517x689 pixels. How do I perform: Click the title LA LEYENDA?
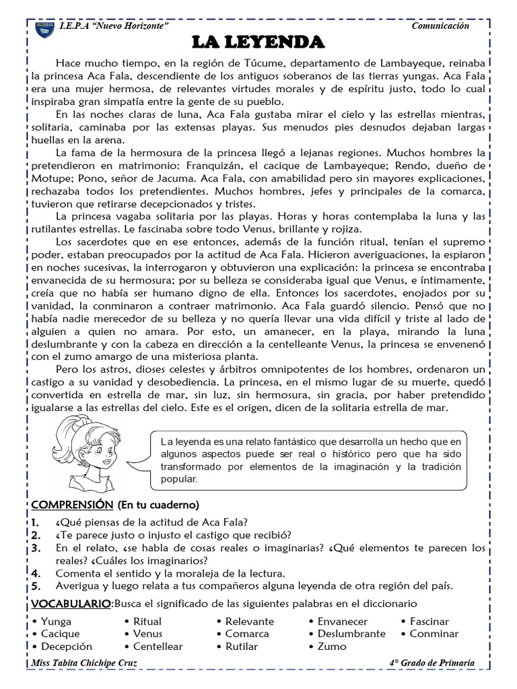pyautogui.click(x=258, y=43)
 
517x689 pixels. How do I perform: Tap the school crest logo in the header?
pyautogui.click(x=44, y=30)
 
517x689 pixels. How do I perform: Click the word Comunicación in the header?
pyautogui.click(x=440, y=26)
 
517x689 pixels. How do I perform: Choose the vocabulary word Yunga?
pyautogui.click(x=56, y=622)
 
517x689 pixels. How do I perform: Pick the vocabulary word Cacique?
pyautogui.click(x=60, y=634)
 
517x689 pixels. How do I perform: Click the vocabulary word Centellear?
pyautogui.click(x=158, y=647)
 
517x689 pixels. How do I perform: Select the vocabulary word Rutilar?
pyautogui.click(x=242, y=647)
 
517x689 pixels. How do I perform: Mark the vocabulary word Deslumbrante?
pyautogui.click(x=351, y=634)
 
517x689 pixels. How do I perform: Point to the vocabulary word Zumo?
pyautogui.click(x=332, y=647)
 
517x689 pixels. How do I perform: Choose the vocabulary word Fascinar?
pyautogui.click(x=429, y=622)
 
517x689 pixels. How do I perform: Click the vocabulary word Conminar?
pyautogui.click(x=434, y=634)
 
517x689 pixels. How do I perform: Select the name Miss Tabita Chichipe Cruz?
pyautogui.click(x=93, y=663)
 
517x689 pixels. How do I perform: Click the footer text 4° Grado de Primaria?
pyautogui.click(x=432, y=663)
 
